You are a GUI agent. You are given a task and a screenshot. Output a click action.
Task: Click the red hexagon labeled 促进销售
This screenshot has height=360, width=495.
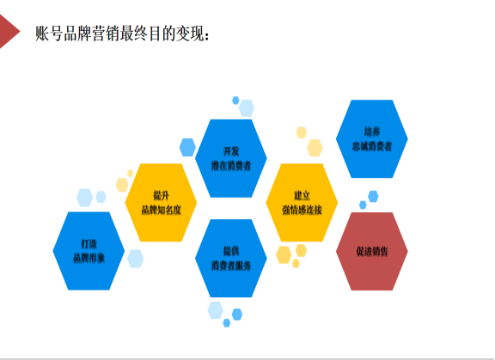[372, 251]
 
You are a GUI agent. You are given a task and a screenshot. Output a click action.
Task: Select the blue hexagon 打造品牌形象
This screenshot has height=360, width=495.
[89, 251]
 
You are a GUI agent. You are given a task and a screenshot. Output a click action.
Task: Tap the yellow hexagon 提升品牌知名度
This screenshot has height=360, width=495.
[161, 203]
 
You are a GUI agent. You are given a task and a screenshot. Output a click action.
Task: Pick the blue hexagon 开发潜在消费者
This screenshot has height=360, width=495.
[231, 158]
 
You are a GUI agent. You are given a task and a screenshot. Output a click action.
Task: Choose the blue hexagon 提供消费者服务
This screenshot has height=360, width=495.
[231, 258]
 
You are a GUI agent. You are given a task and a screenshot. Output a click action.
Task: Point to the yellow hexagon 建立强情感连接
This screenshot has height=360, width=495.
[302, 203]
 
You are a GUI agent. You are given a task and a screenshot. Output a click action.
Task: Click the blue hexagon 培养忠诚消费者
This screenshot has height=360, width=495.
[372, 139]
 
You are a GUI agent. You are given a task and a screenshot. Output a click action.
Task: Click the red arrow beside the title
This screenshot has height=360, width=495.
[9, 32]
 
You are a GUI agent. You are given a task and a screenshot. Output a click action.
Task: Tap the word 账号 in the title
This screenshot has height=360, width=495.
[49, 34]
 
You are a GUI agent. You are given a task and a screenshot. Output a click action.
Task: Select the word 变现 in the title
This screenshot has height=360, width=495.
[189, 34]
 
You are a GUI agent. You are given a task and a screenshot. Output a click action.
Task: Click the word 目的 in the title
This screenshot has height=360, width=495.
[162, 34]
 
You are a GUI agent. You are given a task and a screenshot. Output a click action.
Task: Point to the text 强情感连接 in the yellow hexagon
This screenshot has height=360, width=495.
[302, 210]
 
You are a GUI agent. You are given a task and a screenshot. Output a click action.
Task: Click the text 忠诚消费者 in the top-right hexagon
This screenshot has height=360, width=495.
[372, 146]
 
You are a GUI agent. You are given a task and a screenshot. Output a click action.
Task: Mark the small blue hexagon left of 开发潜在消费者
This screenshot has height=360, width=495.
[187, 147]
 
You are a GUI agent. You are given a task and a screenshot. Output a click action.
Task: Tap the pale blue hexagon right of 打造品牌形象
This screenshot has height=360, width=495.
[136, 259]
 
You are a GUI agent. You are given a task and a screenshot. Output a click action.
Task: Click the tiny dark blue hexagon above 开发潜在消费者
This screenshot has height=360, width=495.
[235, 101]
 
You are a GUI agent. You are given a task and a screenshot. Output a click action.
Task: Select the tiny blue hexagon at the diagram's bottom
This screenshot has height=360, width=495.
[227, 323]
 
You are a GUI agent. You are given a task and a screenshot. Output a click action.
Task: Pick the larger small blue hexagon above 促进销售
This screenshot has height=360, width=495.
[373, 196]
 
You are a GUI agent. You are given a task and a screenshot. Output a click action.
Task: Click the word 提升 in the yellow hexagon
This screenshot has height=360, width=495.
[161, 195]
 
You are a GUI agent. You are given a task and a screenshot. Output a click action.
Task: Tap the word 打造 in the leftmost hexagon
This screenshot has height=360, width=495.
[89, 243]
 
